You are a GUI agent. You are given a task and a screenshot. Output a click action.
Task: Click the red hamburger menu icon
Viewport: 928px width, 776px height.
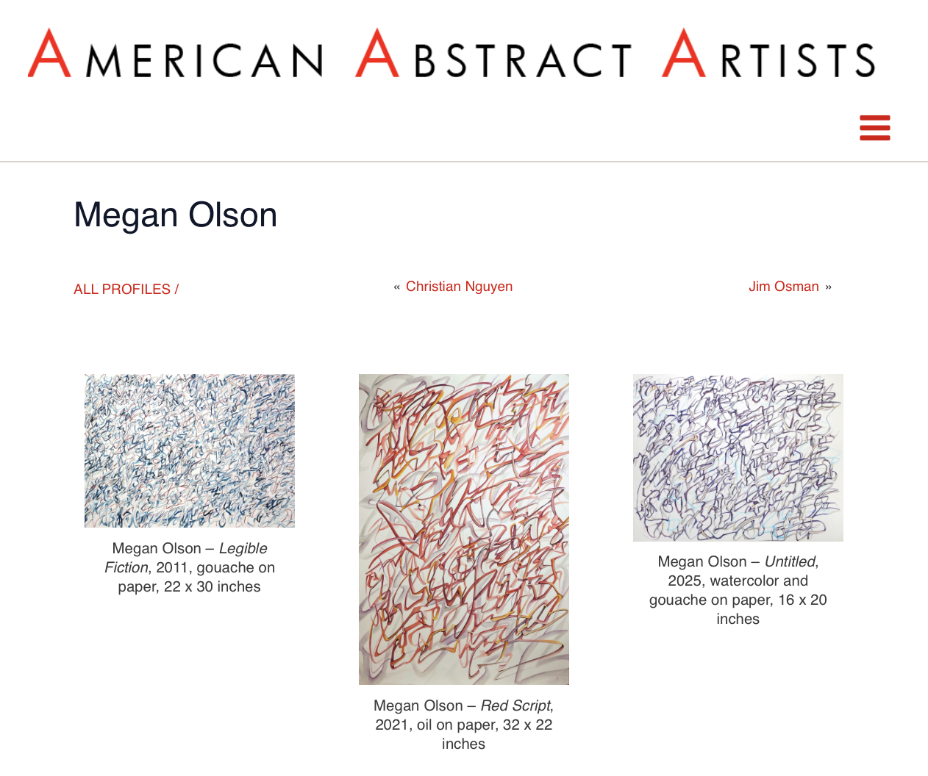tap(874, 128)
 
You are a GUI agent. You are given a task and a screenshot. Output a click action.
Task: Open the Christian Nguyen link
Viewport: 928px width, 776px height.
tap(459, 287)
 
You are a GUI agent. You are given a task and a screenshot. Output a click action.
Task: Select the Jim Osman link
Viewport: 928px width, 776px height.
tap(783, 287)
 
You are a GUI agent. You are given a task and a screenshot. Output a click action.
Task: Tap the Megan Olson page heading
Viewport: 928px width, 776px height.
tap(175, 215)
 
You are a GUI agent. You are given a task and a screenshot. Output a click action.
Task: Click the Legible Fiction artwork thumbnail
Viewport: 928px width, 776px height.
tap(190, 450)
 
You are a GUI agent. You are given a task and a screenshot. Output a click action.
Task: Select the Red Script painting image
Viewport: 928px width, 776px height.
tap(463, 529)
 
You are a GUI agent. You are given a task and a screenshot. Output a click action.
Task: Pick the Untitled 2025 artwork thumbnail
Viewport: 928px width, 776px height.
tap(738, 458)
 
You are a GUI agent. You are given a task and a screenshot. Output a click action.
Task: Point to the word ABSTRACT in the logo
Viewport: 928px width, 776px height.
tap(493, 55)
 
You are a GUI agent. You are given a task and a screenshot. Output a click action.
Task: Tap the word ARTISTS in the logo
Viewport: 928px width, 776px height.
tap(768, 55)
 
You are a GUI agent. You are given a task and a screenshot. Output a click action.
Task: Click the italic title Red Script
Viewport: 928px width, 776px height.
tap(515, 705)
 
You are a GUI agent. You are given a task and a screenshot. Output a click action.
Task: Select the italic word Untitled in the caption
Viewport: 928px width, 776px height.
tap(790, 561)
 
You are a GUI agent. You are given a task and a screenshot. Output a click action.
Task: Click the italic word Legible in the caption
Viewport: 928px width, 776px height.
tap(243, 548)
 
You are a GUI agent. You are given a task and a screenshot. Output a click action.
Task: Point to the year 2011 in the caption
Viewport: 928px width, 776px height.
tap(172, 567)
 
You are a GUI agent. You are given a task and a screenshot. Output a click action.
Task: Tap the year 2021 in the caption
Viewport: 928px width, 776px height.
tap(392, 725)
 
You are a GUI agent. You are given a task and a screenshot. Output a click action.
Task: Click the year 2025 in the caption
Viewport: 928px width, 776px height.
tap(685, 581)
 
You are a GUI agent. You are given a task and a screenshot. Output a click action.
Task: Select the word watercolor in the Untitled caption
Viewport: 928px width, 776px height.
tap(742, 581)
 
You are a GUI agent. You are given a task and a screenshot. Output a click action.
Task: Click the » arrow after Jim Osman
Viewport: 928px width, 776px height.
tap(828, 287)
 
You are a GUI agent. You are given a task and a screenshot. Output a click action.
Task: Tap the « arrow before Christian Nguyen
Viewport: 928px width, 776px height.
tap(397, 287)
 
